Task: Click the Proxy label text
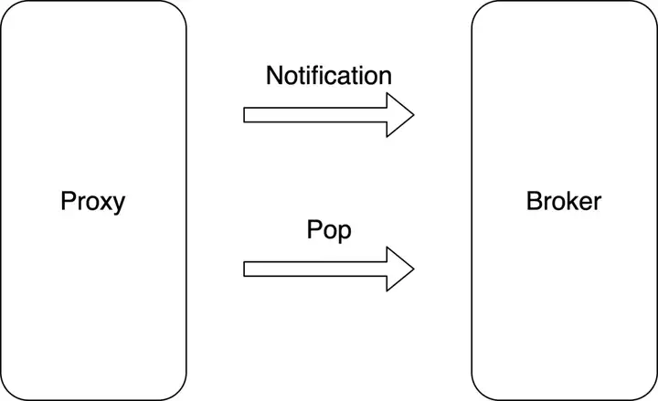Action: click(x=92, y=202)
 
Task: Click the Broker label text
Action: click(x=564, y=201)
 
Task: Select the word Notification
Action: click(x=329, y=76)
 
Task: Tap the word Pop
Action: click(x=329, y=231)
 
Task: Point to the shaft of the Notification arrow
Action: click(x=315, y=115)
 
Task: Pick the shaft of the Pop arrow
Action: click(x=315, y=269)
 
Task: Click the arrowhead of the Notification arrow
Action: click(x=400, y=115)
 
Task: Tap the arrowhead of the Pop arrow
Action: click(x=400, y=269)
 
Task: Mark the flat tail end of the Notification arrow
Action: click(x=244, y=115)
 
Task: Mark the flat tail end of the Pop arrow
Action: click(x=244, y=269)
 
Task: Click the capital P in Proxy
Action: click(x=68, y=201)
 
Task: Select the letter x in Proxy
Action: click(x=105, y=204)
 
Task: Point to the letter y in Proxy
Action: click(x=119, y=206)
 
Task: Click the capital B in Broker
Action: click(x=535, y=201)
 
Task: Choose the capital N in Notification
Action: click(x=274, y=76)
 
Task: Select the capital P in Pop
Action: click(x=314, y=229)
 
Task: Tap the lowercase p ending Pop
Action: click(x=345, y=234)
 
